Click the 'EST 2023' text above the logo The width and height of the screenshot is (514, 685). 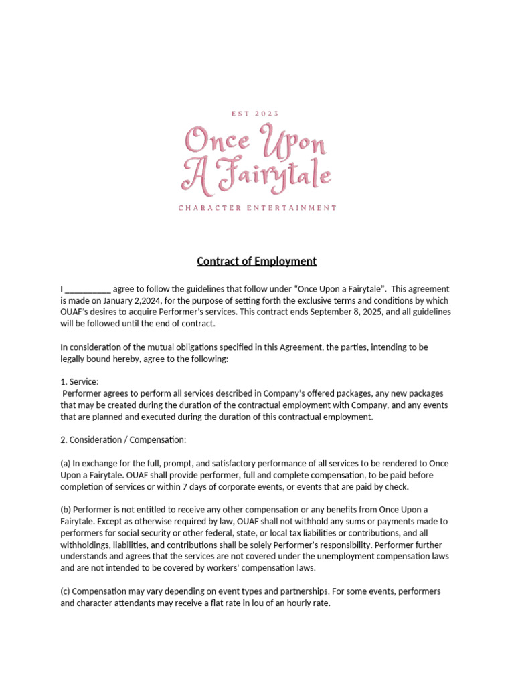pyautogui.click(x=257, y=114)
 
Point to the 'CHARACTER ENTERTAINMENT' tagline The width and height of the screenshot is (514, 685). pyautogui.click(x=257, y=208)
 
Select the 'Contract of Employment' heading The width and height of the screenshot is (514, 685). pyautogui.click(x=257, y=261)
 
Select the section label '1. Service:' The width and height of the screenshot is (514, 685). pyautogui.click(x=80, y=382)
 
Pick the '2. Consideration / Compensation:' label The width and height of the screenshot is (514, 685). pyautogui.click(x=123, y=440)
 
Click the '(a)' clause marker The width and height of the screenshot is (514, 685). pyautogui.click(x=66, y=464)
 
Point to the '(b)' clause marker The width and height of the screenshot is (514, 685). pyautogui.click(x=66, y=510)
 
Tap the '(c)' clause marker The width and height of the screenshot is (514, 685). pyautogui.click(x=66, y=592)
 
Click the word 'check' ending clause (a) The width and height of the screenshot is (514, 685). pyautogui.click(x=396, y=486)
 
